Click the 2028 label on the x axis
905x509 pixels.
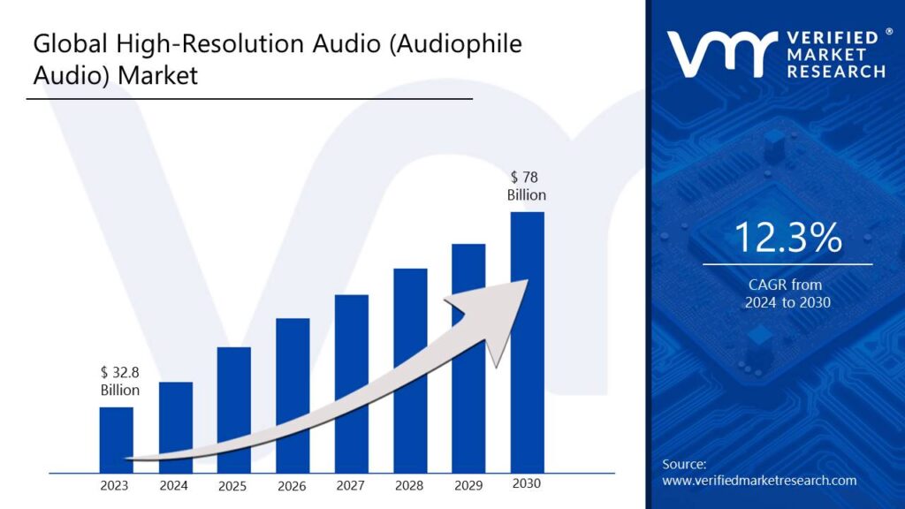[409, 485]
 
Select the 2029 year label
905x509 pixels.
[468, 485]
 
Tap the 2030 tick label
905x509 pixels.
[526, 483]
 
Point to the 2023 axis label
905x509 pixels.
[114, 485]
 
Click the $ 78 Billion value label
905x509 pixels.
[526, 186]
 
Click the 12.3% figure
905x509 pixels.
[787, 239]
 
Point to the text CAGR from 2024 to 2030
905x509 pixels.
[787, 293]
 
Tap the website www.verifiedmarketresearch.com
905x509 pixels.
[759, 481]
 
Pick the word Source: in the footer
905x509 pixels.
[684, 464]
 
